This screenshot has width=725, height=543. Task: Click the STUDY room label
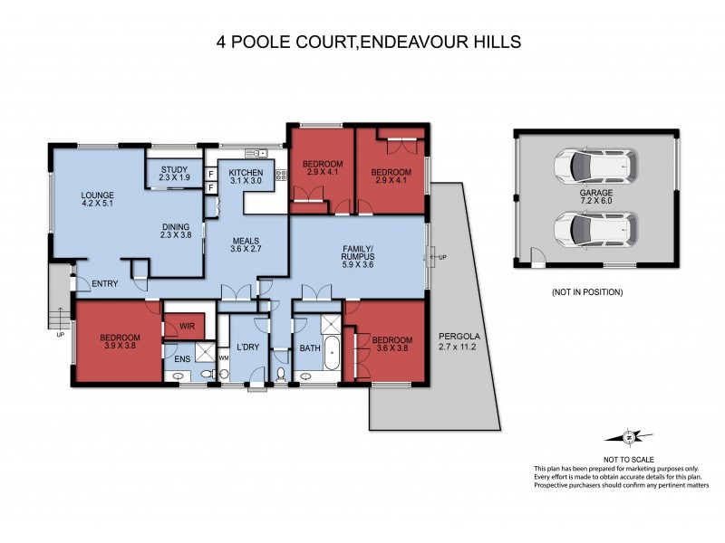tap(174, 173)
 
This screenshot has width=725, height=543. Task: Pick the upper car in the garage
tap(595, 166)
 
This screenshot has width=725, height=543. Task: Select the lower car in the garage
tap(595, 229)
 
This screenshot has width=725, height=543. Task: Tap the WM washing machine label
tap(223, 359)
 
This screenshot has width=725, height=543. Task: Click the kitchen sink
tap(250, 152)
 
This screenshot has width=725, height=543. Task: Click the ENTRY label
tap(105, 284)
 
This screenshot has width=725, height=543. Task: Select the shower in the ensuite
tap(207, 352)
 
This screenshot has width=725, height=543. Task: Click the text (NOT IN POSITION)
tap(586, 292)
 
